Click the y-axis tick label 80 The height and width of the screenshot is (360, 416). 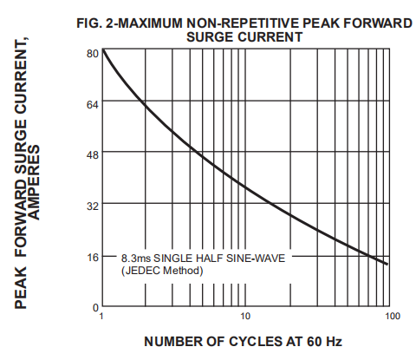(x=93, y=54)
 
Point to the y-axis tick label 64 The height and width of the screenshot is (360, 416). (x=93, y=104)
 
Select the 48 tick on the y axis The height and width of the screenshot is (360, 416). (x=93, y=154)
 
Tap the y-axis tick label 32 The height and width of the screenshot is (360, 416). (x=93, y=206)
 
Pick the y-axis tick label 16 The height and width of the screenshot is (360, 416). (x=93, y=257)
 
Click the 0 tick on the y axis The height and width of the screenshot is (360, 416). (x=95, y=308)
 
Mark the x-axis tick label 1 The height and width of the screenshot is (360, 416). (x=101, y=316)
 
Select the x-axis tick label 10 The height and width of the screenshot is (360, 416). (x=245, y=316)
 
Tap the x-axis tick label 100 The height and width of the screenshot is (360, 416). (x=393, y=316)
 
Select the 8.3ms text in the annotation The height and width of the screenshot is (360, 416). (x=136, y=258)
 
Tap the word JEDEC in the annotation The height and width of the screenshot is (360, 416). (x=142, y=271)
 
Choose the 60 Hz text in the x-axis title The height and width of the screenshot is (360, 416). (x=324, y=342)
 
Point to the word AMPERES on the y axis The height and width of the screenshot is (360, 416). (x=35, y=182)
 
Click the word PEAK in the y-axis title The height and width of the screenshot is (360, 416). (x=21, y=288)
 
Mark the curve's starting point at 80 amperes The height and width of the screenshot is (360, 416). (x=103, y=49)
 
